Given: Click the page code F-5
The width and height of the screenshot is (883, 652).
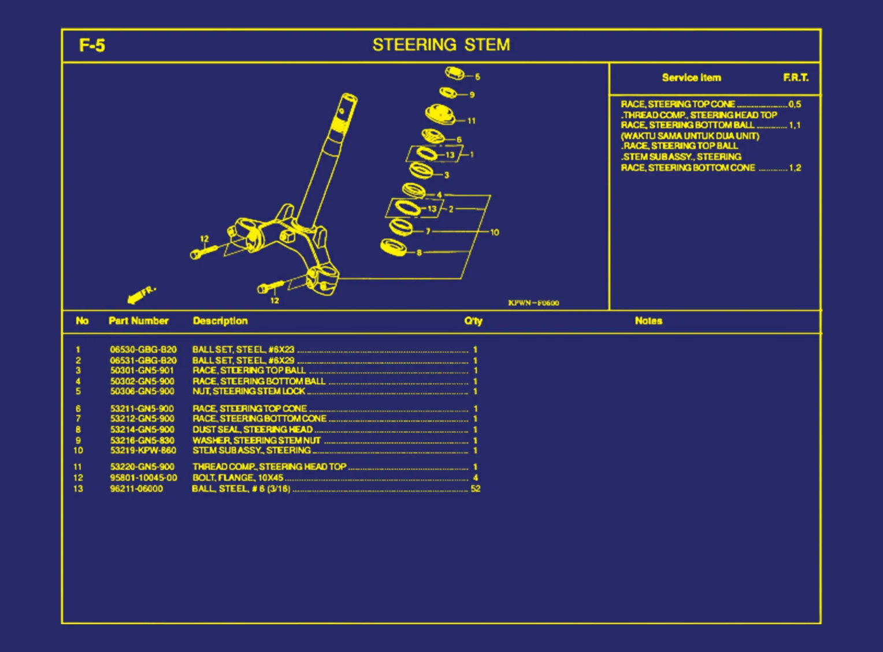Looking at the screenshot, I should coord(92,45).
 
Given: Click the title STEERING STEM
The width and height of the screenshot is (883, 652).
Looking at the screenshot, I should coord(441,45).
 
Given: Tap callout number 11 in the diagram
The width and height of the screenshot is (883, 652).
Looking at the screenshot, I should coord(472,121).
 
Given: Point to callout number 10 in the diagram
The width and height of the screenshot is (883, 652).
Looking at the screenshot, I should coord(495,233).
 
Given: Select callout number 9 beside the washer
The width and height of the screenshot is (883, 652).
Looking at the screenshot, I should coord(472,95).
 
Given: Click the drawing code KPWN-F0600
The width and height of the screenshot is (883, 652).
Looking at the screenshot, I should coord(533,303).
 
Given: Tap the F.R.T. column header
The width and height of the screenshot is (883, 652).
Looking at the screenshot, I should coord(796,78).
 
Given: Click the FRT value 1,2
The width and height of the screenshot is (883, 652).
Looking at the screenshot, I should coord(795,168).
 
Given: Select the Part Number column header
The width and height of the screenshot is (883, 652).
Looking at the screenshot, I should coord(138,321).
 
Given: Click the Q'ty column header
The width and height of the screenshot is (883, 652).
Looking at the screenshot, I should coord(473,321).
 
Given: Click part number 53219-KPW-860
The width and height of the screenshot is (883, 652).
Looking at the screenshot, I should coord(143,450).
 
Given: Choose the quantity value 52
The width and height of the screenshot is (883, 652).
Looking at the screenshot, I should coord(476,489).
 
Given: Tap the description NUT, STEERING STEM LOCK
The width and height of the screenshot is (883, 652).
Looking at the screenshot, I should coord(248,392).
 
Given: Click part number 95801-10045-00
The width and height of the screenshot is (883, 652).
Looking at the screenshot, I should coord(143,478).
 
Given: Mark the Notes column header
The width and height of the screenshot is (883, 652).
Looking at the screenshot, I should coord(648,321).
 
